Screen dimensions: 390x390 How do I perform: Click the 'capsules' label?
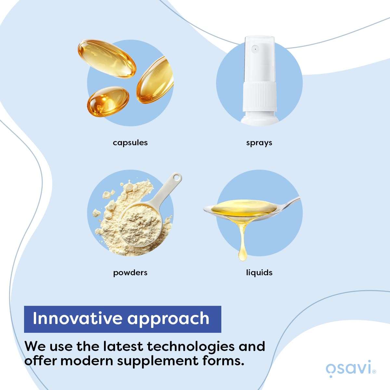click(x=130, y=143)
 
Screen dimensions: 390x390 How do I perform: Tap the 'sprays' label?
click(x=259, y=143)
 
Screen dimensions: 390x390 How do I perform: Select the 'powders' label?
click(x=130, y=273)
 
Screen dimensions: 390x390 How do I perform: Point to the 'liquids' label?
click(x=259, y=273)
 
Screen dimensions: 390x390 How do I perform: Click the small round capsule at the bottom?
click(x=108, y=101)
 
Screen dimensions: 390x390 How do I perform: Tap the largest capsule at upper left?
click(x=107, y=58)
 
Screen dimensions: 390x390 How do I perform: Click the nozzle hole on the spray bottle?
click(x=255, y=49)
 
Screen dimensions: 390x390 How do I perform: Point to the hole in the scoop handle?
click(x=177, y=178)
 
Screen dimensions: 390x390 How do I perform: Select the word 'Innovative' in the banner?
click(x=78, y=318)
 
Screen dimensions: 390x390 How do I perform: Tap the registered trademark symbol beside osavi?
click(x=374, y=371)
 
